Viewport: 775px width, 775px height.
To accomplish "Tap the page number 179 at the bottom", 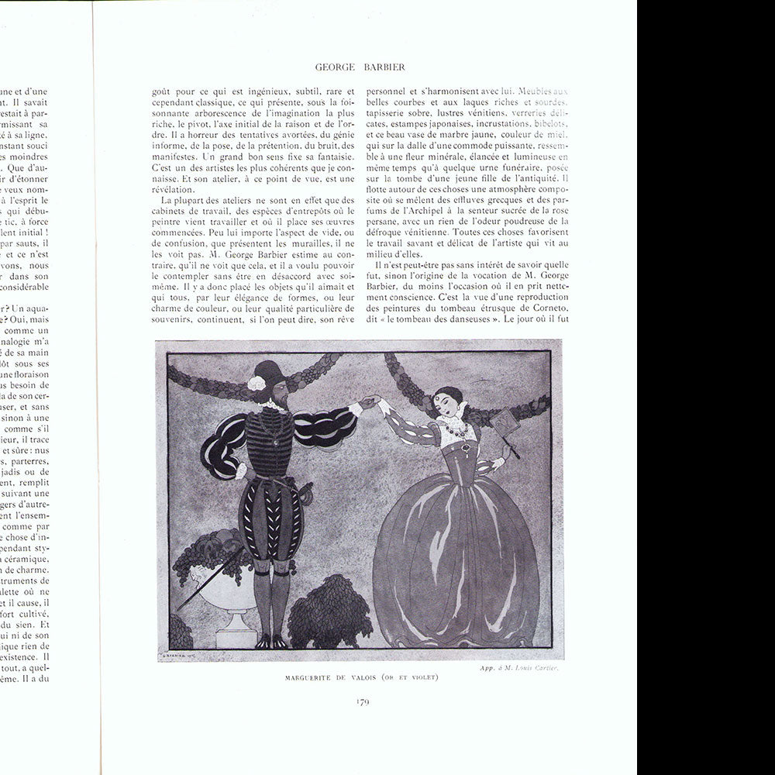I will pos(362,702).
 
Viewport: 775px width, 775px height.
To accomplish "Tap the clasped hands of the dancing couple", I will pos(370,402).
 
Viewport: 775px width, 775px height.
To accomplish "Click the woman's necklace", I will pos(449,429).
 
